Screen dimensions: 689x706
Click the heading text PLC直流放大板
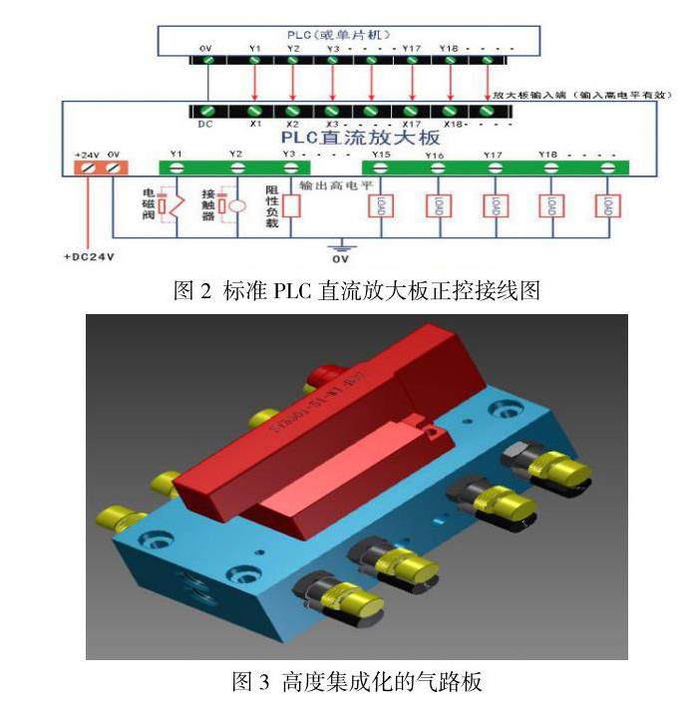(361, 138)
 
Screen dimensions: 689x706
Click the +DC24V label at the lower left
(89, 256)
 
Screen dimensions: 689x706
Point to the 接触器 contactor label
(208, 203)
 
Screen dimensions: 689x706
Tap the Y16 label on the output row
(435, 156)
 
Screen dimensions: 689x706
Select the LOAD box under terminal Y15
(382, 205)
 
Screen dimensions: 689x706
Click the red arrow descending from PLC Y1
(255, 81)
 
